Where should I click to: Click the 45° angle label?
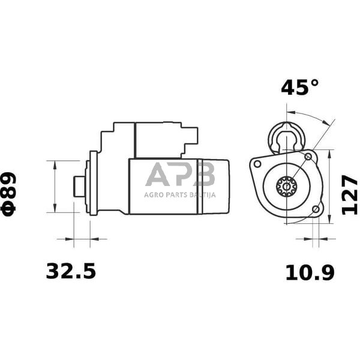(x=299, y=88)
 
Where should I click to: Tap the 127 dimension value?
(x=350, y=195)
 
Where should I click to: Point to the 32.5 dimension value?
(x=71, y=271)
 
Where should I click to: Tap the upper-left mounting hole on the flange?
(x=257, y=164)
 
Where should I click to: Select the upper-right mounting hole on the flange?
(x=308, y=157)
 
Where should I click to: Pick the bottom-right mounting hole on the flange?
(x=316, y=209)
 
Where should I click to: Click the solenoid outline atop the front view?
(x=287, y=137)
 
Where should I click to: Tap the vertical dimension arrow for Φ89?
(x=55, y=186)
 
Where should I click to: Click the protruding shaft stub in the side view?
(x=79, y=186)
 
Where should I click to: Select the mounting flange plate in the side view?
(x=92, y=183)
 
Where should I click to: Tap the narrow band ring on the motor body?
(x=199, y=186)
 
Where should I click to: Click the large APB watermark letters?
(x=180, y=175)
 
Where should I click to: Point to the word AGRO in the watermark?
(x=154, y=194)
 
